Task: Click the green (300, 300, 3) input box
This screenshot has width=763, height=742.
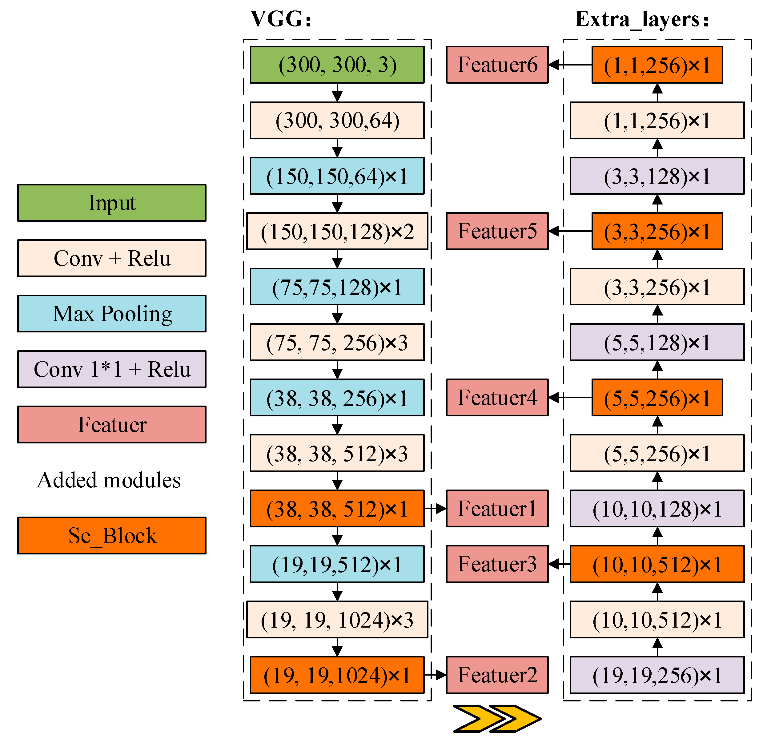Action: click(337, 65)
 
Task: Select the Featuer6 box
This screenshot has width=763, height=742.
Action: click(497, 65)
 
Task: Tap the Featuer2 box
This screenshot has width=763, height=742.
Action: click(497, 675)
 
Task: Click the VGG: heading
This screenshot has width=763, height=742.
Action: click(281, 19)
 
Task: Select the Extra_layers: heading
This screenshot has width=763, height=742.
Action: click(642, 19)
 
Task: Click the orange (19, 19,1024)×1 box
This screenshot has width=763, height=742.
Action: click(337, 675)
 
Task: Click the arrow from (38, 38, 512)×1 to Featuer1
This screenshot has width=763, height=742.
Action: click(435, 509)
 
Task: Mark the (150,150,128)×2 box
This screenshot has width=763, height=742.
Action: click(337, 231)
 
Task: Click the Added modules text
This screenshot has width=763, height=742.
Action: click(109, 480)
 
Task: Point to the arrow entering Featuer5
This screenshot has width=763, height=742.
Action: click(569, 231)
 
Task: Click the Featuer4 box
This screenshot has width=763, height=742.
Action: click(497, 398)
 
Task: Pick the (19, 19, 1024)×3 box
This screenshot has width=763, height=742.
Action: click(337, 620)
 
